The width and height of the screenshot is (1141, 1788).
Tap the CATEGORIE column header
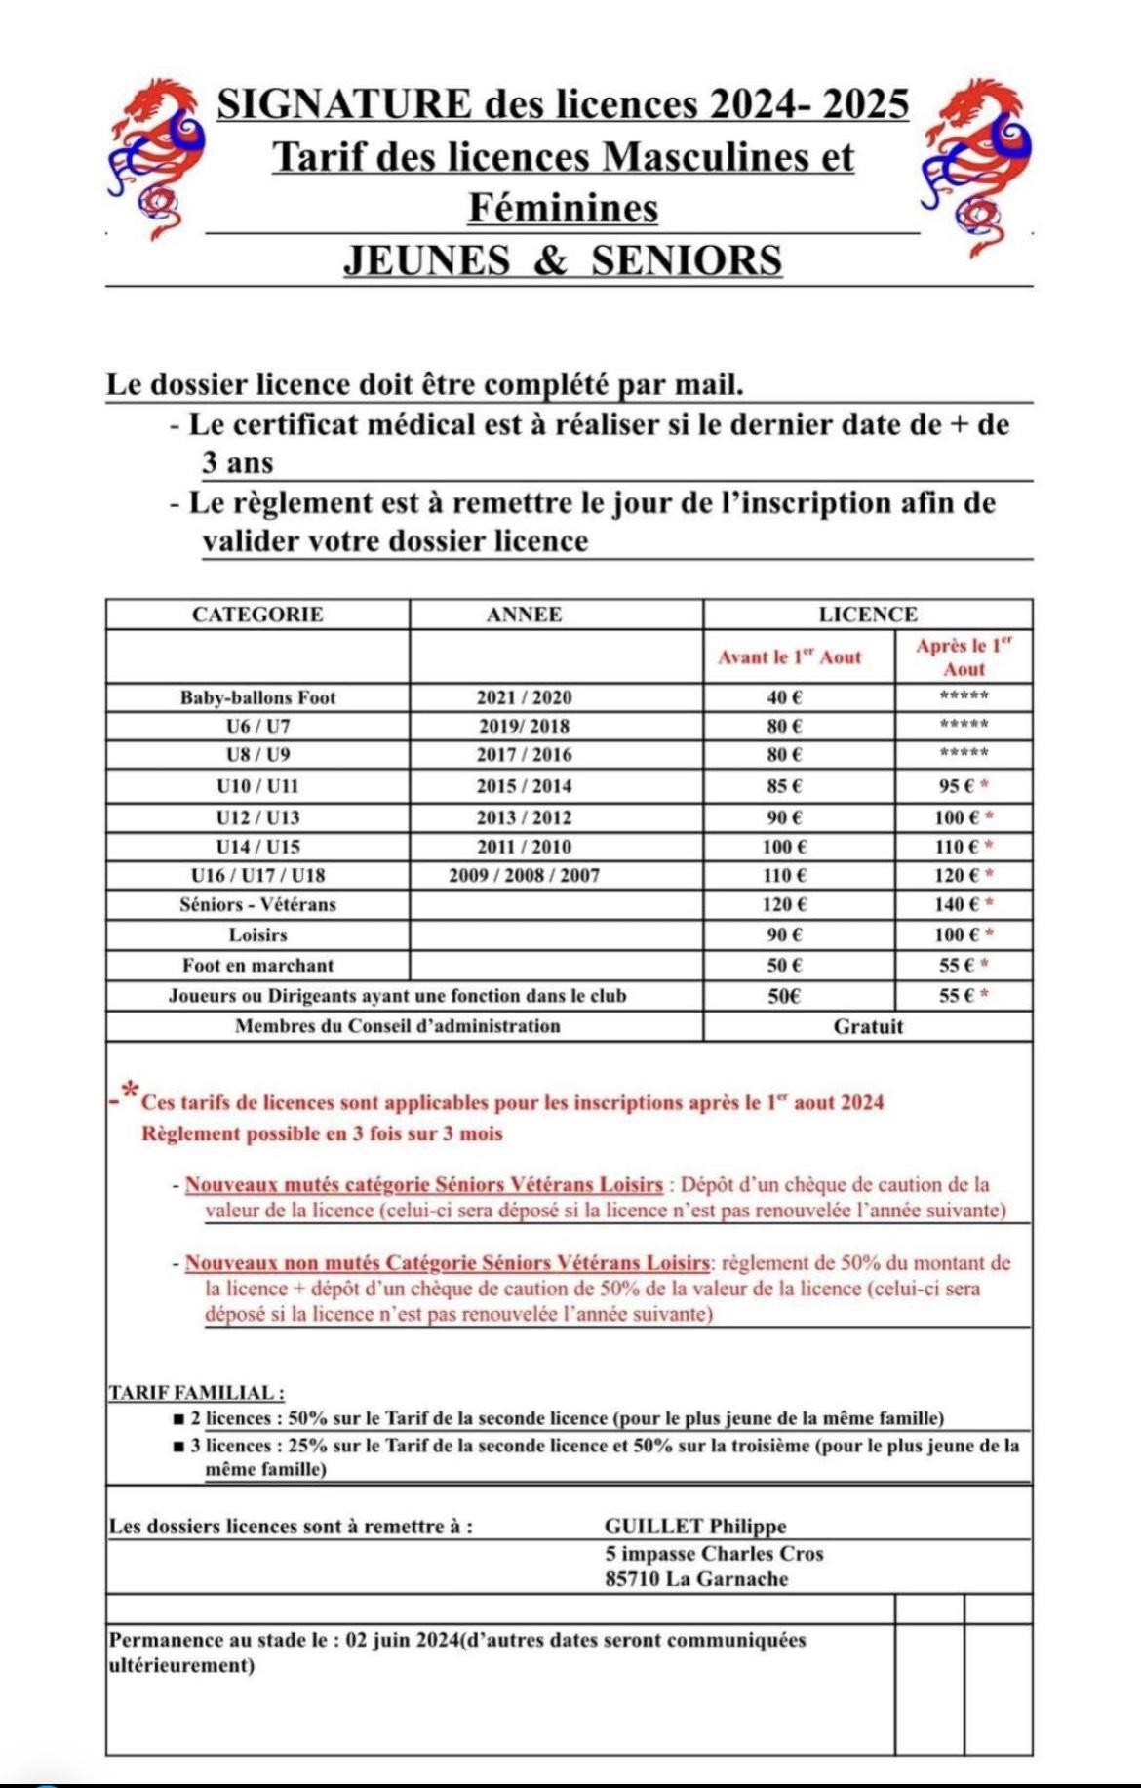click(x=257, y=615)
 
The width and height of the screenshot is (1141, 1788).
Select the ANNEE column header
click(x=524, y=615)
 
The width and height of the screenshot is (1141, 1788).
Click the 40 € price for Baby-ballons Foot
click(x=784, y=697)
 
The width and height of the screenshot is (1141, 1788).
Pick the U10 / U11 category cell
click(x=257, y=786)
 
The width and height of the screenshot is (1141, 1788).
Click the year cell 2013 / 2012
click(x=524, y=817)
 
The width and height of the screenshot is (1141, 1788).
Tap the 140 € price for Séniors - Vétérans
click(x=955, y=904)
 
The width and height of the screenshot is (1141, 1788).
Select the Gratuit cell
click(x=868, y=1026)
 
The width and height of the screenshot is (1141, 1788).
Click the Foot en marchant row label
click(x=257, y=965)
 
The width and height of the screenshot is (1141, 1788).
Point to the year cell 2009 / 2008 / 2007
click(x=524, y=875)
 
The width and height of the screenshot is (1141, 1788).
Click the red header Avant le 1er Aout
click(x=790, y=657)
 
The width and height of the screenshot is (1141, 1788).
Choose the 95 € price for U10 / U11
click(x=955, y=786)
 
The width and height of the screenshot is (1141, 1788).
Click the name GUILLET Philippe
click(x=695, y=1527)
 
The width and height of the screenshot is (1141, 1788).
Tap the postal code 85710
click(x=632, y=1579)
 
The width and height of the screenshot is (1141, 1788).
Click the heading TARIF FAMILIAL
click(x=196, y=1393)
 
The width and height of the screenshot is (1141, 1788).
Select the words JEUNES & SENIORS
click(x=563, y=260)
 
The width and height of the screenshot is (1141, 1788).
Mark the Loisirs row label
click(x=257, y=934)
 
